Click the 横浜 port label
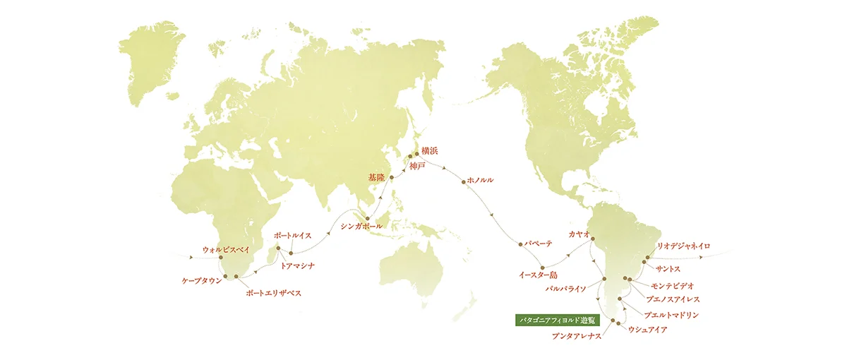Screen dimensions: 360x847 point(430,151)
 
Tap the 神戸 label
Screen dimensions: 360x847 point(418,167)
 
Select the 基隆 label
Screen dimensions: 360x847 point(377,176)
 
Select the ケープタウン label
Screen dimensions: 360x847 point(201,280)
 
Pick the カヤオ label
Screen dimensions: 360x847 point(579,233)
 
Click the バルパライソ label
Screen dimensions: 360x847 point(570,289)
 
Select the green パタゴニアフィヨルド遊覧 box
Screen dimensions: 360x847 point(555,319)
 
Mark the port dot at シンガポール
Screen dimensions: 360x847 point(366,218)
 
